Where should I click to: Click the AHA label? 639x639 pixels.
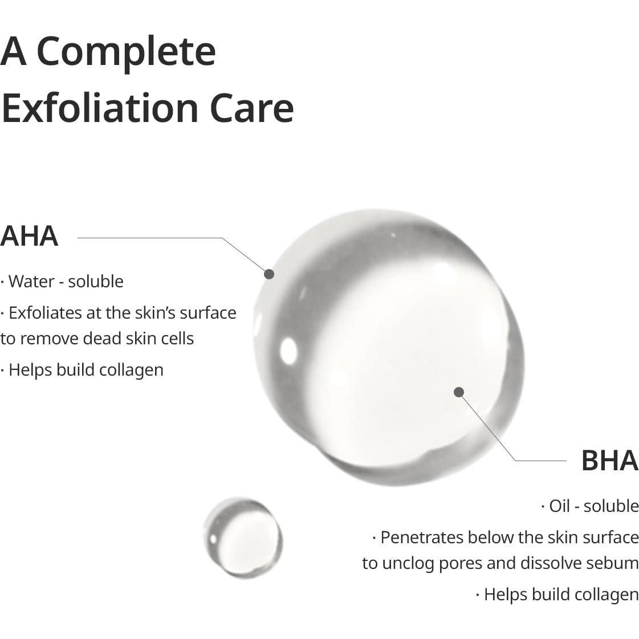(x=29, y=237)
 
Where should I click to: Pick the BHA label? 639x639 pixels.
(x=609, y=461)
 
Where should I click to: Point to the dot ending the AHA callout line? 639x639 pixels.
(x=269, y=274)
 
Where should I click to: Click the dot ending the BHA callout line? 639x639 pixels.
(x=459, y=392)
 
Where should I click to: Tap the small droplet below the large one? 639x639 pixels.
(x=243, y=537)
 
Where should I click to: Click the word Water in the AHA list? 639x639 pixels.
(x=31, y=282)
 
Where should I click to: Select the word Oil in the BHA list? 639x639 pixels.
(x=559, y=506)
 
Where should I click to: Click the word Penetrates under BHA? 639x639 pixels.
(x=421, y=538)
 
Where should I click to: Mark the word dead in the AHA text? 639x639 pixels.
(x=102, y=339)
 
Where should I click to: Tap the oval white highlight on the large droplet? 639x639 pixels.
(x=288, y=350)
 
